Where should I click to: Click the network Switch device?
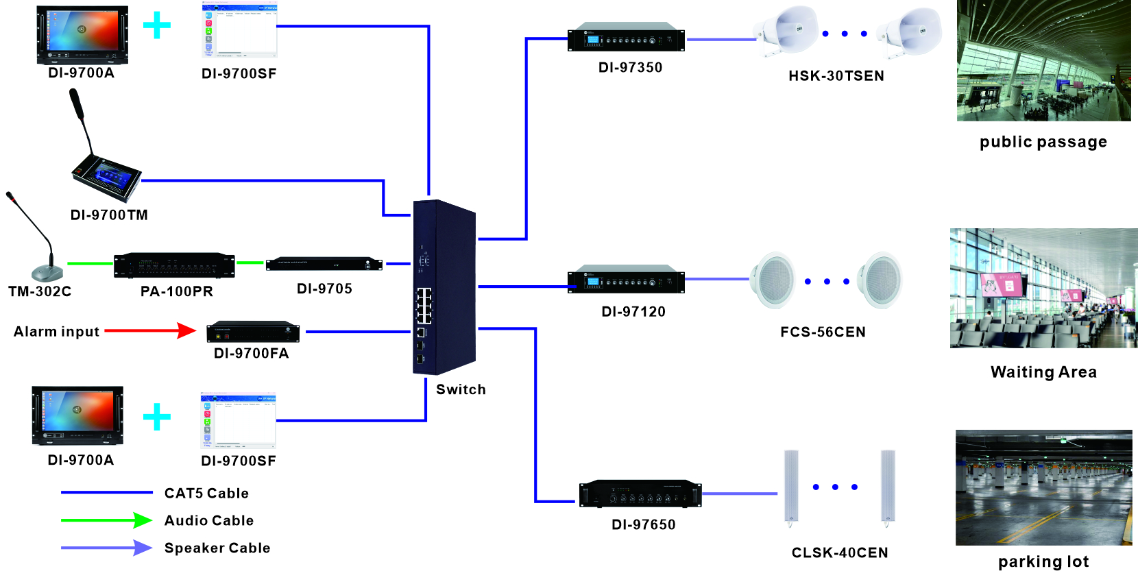[444, 288]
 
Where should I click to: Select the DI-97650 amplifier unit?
[640, 494]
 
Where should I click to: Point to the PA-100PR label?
[177, 291]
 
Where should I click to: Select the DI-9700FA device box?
[253, 332]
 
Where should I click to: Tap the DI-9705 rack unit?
[324, 264]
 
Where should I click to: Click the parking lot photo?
[1043, 488]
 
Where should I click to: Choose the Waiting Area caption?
[1043, 372]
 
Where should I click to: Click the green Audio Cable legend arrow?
[106, 520]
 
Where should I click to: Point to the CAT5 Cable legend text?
[206, 494]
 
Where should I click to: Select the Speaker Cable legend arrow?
[106, 548]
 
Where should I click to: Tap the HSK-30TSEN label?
[836, 76]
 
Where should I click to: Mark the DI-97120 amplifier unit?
[625, 281]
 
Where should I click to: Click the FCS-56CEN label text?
[823, 332]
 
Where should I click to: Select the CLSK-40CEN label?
[839, 553]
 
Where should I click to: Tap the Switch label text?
[461, 390]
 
